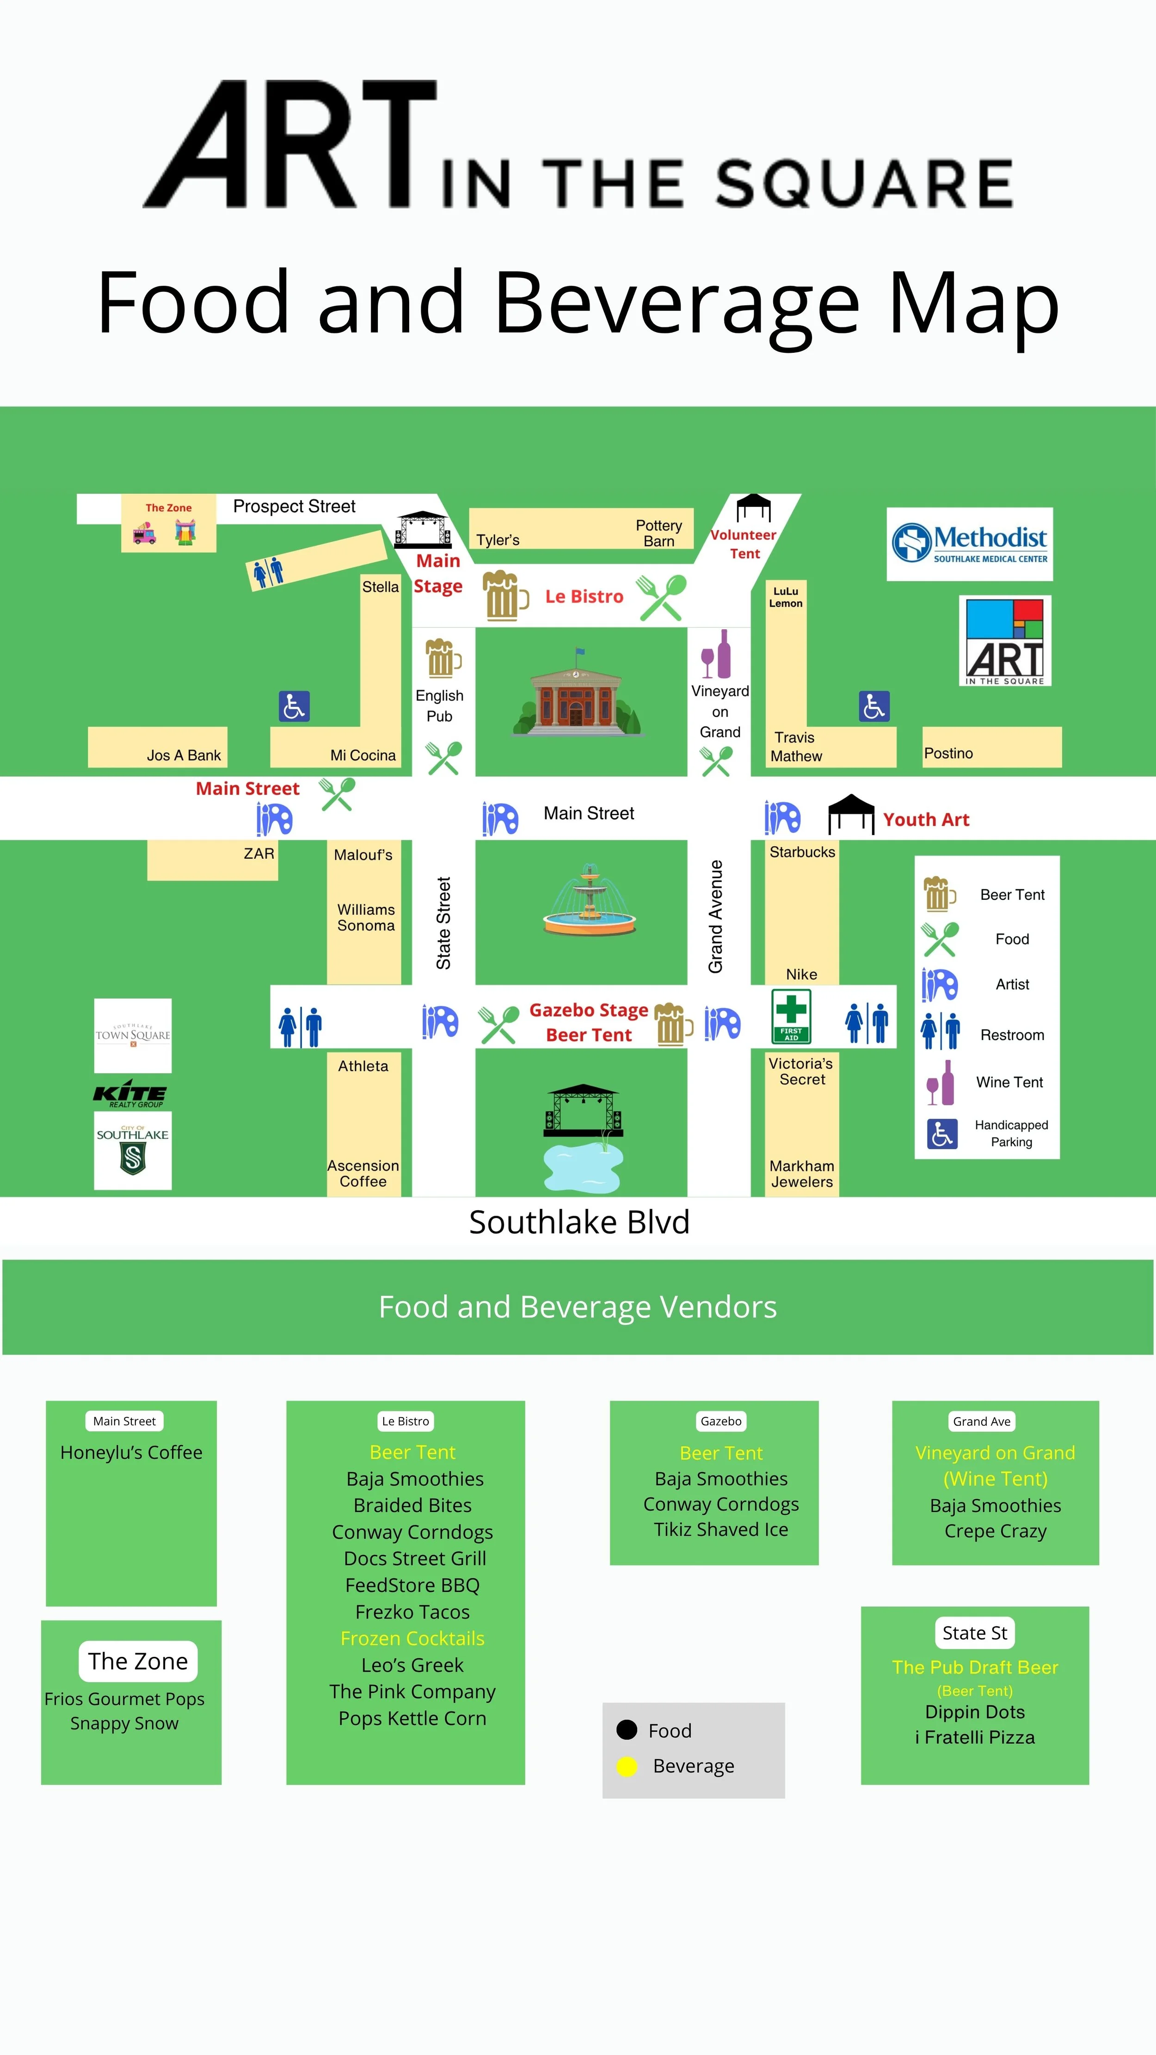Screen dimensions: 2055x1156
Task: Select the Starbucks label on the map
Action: point(802,852)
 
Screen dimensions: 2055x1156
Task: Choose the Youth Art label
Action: point(925,819)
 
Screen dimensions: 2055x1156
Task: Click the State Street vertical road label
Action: point(443,923)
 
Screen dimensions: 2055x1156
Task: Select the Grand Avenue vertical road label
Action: point(716,916)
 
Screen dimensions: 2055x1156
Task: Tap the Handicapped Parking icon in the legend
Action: point(941,1133)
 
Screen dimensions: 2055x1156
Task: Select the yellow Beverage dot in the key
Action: point(627,1766)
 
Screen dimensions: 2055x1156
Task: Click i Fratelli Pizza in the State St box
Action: point(974,1737)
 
